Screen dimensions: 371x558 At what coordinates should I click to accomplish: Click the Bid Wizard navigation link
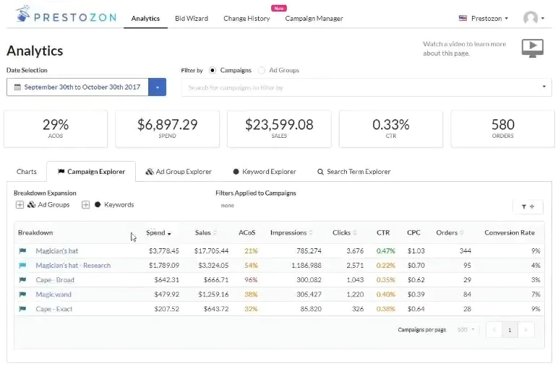point(191,18)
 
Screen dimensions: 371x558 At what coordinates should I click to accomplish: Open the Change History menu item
point(246,18)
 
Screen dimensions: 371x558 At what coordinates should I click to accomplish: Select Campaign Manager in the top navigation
point(314,18)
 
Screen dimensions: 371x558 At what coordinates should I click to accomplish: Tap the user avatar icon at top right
point(531,18)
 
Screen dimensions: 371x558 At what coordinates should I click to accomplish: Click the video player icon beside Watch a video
point(532,48)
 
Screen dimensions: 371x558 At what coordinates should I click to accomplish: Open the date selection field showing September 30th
point(78,87)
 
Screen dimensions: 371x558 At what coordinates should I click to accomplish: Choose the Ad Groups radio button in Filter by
point(262,70)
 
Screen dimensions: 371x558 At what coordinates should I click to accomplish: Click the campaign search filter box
point(361,87)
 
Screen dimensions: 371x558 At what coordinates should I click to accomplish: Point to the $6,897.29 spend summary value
point(167,125)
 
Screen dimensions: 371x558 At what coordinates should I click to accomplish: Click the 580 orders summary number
point(502,125)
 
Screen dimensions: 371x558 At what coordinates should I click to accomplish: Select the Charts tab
point(27,172)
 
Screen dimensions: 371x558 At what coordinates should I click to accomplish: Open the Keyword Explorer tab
point(264,172)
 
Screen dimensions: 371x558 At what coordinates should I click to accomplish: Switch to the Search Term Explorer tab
point(353,172)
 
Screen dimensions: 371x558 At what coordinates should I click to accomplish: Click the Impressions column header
point(288,232)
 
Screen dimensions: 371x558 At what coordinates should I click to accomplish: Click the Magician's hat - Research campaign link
point(73,266)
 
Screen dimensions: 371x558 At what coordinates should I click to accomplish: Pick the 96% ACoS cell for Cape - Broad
point(251,280)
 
